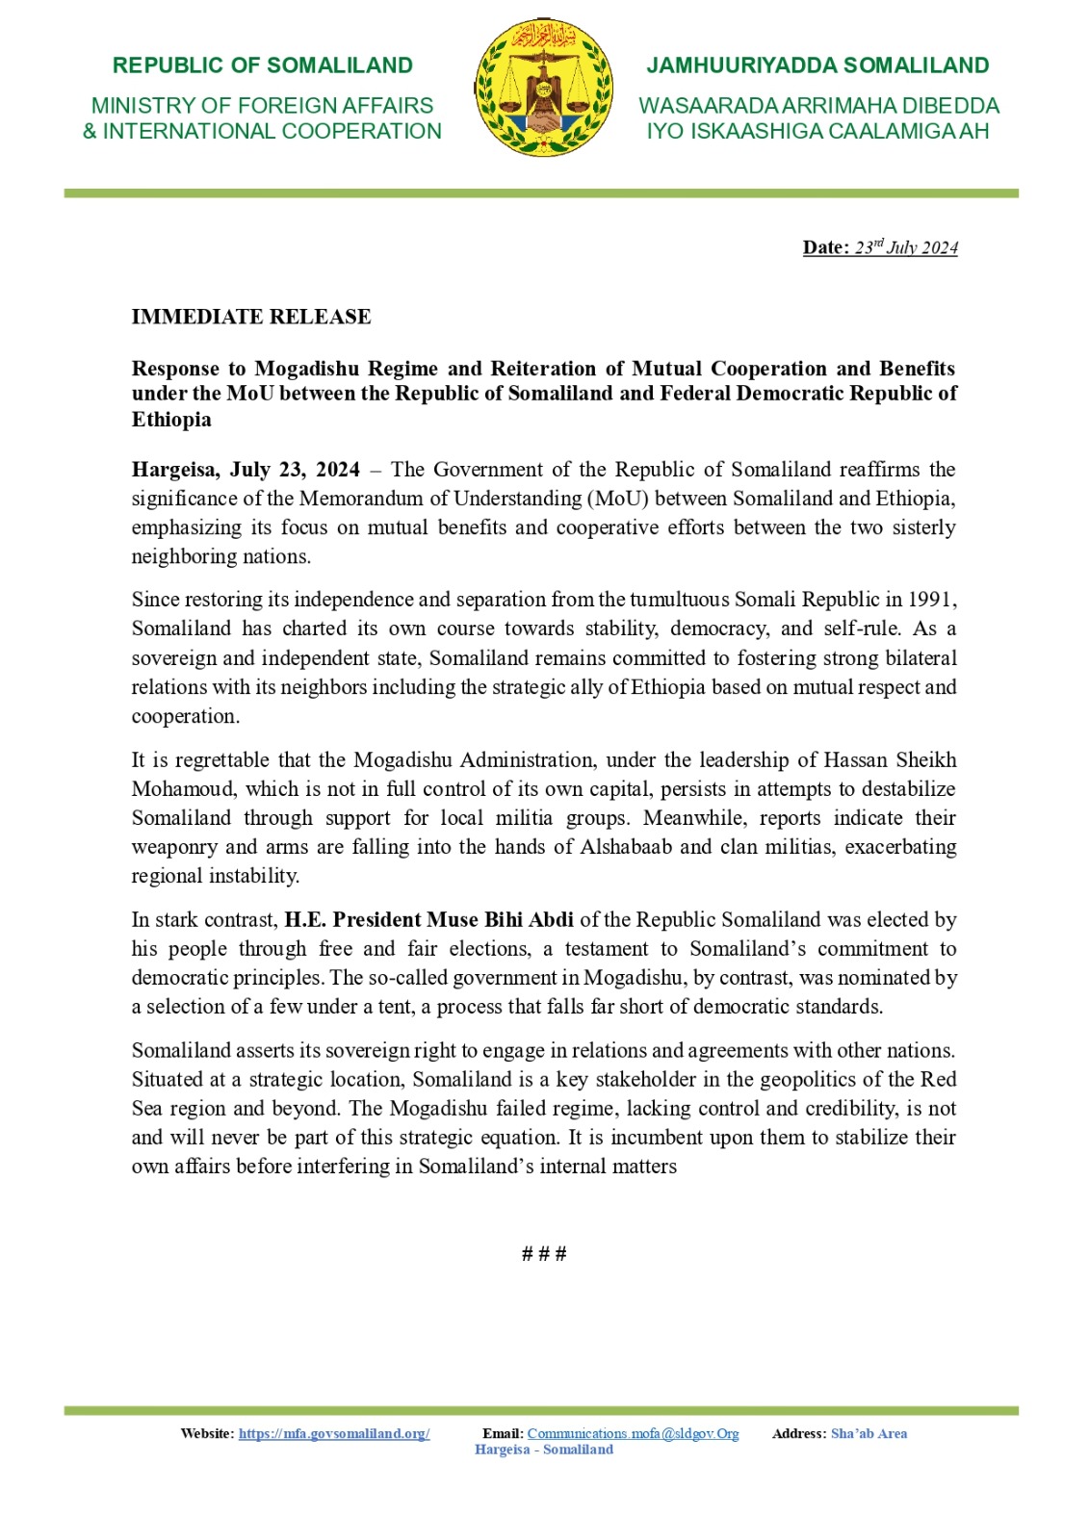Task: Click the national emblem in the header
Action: point(544,89)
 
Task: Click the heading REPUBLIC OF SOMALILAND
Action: point(262,65)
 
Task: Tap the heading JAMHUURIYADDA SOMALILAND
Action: point(817,65)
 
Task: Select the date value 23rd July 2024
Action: point(906,247)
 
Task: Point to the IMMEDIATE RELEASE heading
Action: point(251,317)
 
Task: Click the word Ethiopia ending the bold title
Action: point(171,420)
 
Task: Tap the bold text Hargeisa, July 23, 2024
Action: point(246,470)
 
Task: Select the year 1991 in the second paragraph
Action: point(930,600)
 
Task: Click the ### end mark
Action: point(544,1253)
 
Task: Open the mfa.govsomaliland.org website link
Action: point(334,1433)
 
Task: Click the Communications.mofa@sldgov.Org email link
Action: point(633,1433)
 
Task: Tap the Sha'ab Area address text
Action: point(869,1433)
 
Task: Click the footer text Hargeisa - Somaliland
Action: point(544,1450)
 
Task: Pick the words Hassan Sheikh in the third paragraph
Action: point(890,760)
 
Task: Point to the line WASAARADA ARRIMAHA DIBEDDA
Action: point(818,106)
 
